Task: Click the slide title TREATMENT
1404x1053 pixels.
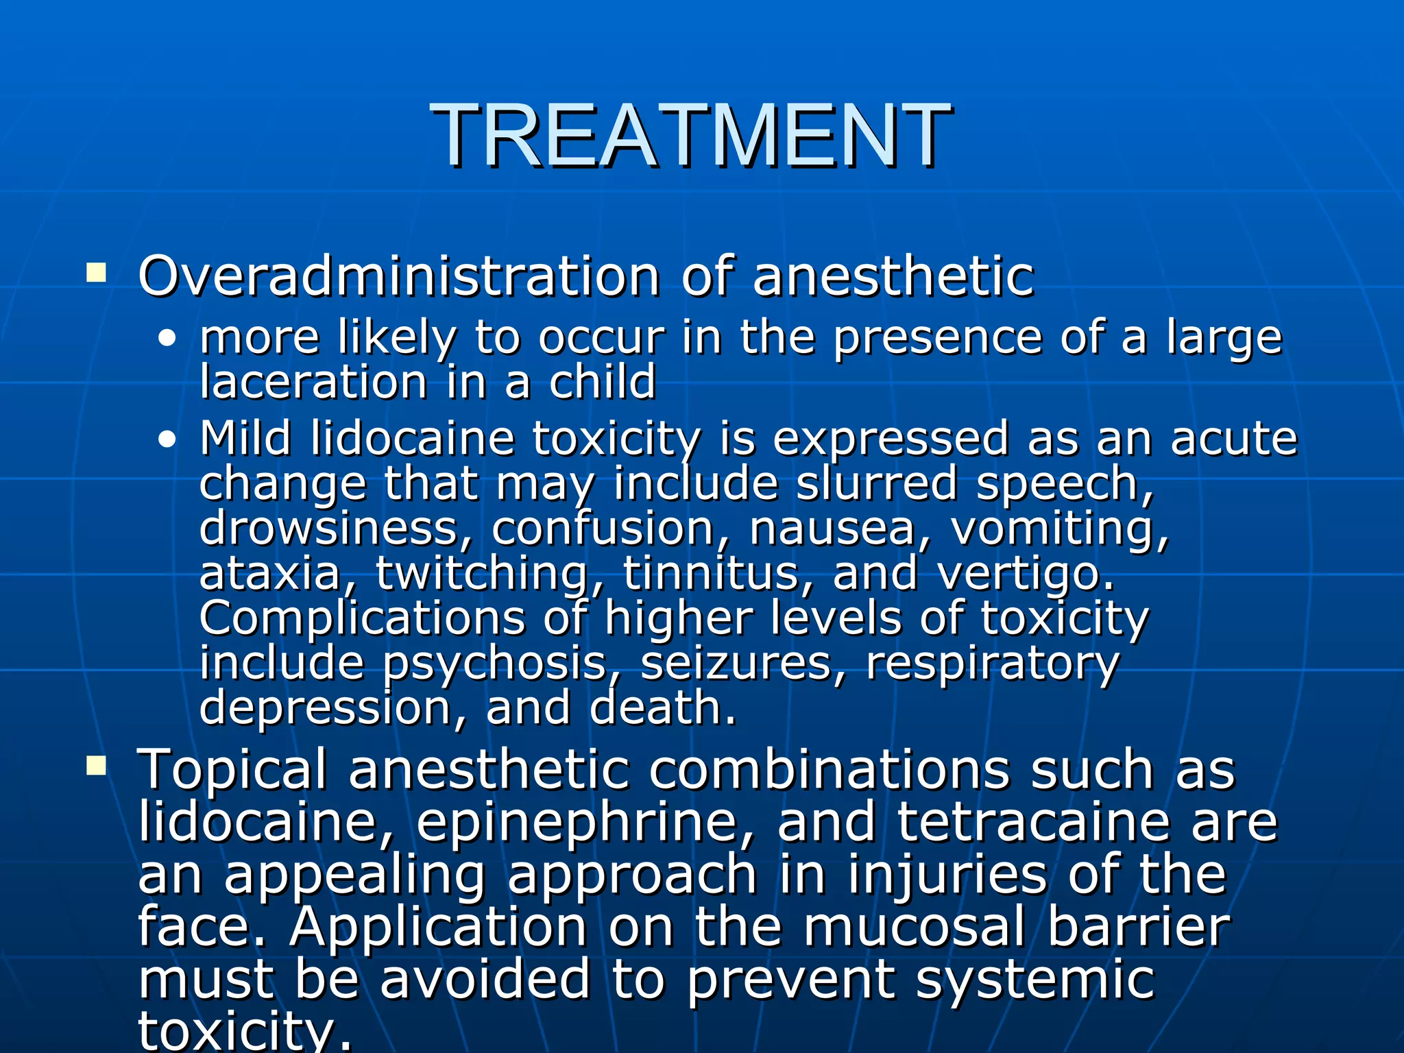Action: [691, 135]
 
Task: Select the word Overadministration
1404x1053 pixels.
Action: [398, 276]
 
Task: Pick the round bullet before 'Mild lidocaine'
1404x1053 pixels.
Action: [167, 440]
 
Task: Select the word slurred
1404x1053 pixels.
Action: [875, 483]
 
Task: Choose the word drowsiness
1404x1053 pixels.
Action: [328, 528]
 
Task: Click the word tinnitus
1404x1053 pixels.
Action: [710, 573]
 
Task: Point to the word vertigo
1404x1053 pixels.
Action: [1026, 573]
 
